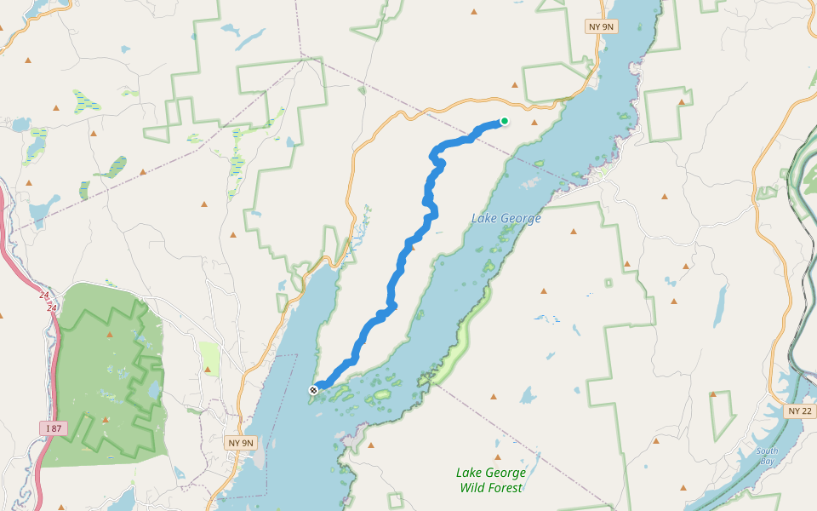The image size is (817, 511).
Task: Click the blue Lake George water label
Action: [506, 219]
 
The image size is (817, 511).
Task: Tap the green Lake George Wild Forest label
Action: [491, 480]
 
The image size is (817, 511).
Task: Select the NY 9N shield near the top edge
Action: [601, 26]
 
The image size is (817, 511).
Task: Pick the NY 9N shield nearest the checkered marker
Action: [242, 443]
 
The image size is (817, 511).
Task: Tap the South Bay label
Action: [768, 455]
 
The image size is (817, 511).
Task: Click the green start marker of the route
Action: [505, 121]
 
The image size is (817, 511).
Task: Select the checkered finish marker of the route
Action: [314, 390]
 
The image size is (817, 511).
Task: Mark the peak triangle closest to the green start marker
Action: [514, 85]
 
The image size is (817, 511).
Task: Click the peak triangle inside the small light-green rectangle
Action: [207, 369]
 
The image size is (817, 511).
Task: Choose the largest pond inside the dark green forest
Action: [153, 391]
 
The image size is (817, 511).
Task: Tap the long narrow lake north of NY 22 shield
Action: [721, 307]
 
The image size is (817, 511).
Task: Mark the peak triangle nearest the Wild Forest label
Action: [494, 397]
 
